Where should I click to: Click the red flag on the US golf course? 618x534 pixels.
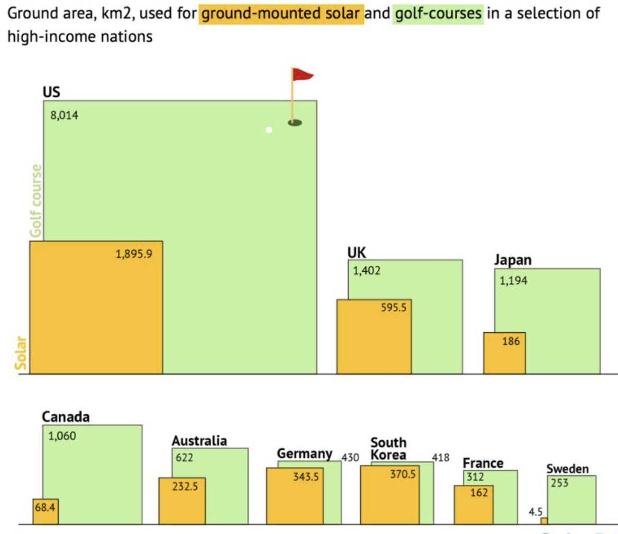302,75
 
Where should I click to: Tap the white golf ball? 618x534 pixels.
269,130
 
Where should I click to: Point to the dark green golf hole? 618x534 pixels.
295,123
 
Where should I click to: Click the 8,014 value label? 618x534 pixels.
65,115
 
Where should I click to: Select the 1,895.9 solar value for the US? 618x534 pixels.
134,254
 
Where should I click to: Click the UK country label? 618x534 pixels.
357,252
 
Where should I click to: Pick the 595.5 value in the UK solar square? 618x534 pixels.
394,307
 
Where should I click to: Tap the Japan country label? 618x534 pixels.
513,261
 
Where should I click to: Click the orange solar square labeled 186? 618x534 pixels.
504,353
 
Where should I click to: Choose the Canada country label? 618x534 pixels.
66,417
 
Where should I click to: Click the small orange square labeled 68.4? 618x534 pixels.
46,511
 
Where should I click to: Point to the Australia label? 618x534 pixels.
199,441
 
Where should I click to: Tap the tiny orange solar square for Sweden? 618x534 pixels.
544,521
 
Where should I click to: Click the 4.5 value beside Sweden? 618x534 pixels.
535,512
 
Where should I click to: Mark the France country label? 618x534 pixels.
483,464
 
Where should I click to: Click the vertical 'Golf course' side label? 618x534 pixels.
36,201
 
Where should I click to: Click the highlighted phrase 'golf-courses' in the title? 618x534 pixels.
437,12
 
